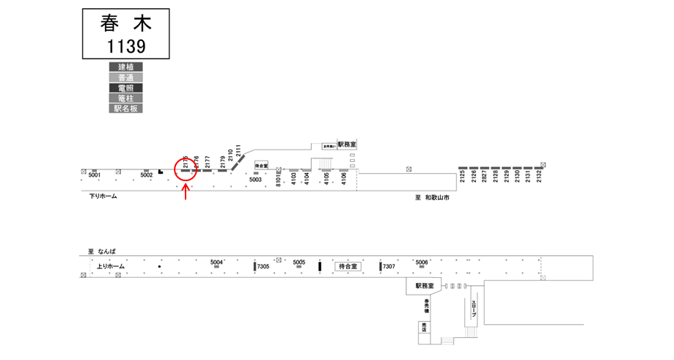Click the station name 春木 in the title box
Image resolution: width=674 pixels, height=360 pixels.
125,23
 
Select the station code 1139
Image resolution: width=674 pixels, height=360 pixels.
125,46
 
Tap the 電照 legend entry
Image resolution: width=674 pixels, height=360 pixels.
125,88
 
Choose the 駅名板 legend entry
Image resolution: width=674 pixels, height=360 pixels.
125,108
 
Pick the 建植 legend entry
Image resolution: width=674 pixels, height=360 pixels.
125,67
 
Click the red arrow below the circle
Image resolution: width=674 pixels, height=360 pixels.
186,192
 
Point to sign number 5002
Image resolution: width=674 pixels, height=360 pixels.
147,175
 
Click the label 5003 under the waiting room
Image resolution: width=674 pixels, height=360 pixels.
255,180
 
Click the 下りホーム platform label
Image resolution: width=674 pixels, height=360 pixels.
103,196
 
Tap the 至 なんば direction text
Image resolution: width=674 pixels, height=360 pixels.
102,251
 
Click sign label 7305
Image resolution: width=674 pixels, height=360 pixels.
263,267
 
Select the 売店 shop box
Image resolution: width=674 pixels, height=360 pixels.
424,328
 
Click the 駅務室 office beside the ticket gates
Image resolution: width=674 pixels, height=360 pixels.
425,285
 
